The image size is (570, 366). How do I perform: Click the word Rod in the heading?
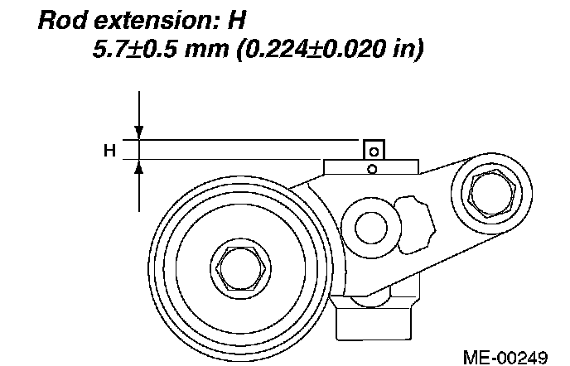(x=62, y=21)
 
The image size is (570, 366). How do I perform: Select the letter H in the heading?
(x=237, y=21)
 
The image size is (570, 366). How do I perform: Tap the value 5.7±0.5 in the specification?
(x=135, y=49)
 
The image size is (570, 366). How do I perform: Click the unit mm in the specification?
(x=206, y=51)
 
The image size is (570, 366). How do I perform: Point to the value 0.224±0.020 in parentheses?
(x=315, y=49)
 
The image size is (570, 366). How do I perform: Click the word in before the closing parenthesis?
(x=403, y=49)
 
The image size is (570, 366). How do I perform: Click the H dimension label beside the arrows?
(x=109, y=150)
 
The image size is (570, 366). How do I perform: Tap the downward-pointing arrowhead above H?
(x=139, y=132)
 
